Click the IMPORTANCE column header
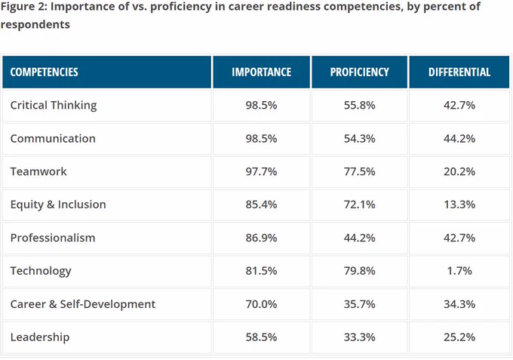[x=262, y=72]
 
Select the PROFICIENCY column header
[x=360, y=72]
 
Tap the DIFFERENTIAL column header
[x=459, y=72]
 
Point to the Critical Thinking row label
[x=54, y=106]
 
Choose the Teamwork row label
[x=38, y=171]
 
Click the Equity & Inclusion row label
[x=58, y=205]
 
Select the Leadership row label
[x=40, y=337]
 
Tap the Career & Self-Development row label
[x=83, y=304]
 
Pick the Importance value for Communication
[x=262, y=138]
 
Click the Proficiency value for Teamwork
[x=360, y=171]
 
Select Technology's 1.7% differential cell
[x=459, y=271]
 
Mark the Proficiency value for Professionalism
[x=360, y=238]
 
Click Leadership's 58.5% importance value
[x=262, y=337]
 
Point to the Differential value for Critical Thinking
[x=459, y=106]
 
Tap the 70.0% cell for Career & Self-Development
[x=262, y=304]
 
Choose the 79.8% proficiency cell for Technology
[x=360, y=271]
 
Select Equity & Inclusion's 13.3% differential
[x=459, y=205]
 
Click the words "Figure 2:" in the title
[x=24, y=7]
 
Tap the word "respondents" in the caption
[x=35, y=25]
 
